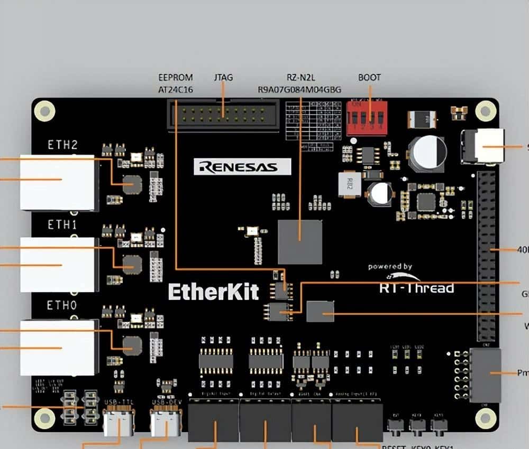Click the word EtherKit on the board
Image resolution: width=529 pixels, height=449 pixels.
point(214,292)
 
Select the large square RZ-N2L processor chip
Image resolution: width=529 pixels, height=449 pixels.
point(300,241)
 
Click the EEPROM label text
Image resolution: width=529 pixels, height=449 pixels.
point(176,78)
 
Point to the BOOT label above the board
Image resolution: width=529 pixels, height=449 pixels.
point(369,78)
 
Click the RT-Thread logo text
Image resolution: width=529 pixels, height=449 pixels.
point(416,288)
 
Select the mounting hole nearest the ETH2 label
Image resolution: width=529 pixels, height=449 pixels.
point(44,110)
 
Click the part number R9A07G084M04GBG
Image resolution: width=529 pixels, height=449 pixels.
point(299,90)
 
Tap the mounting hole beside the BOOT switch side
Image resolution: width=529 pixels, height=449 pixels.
point(485,110)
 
